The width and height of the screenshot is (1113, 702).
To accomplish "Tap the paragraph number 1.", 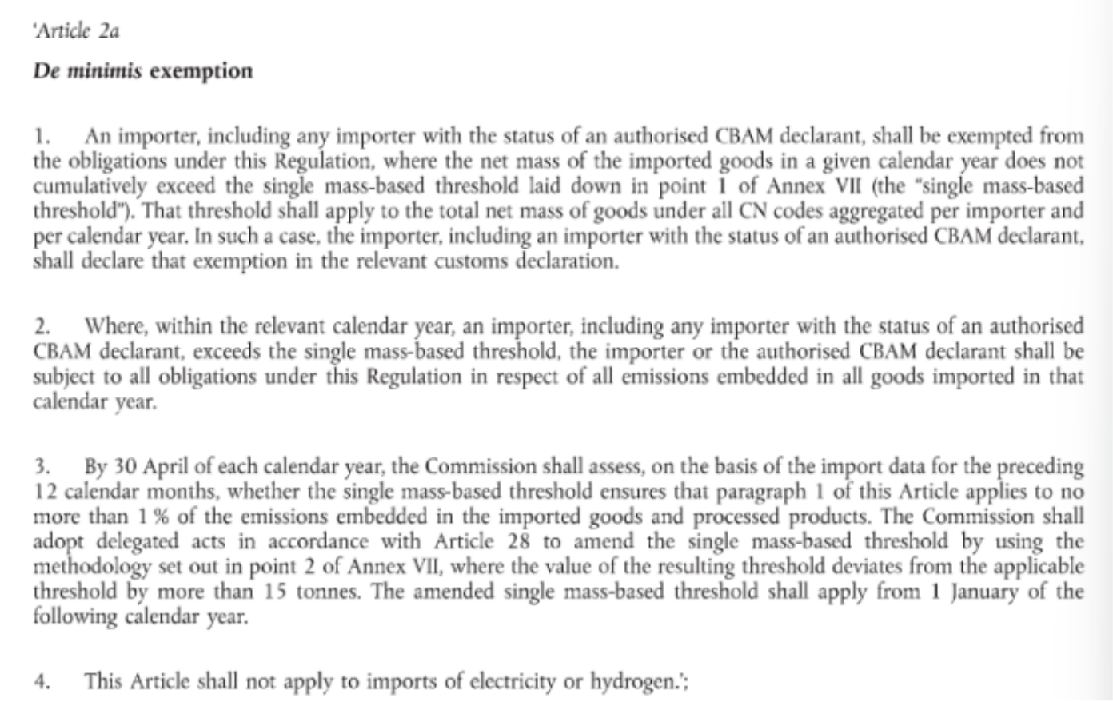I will [x=40, y=137].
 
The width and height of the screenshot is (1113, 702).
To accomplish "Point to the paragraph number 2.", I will [x=42, y=327].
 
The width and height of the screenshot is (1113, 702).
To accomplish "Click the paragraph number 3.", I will [x=42, y=466].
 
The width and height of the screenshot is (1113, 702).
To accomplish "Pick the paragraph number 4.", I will [x=42, y=682].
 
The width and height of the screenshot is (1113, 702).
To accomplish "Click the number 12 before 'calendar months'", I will [x=43, y=491].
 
